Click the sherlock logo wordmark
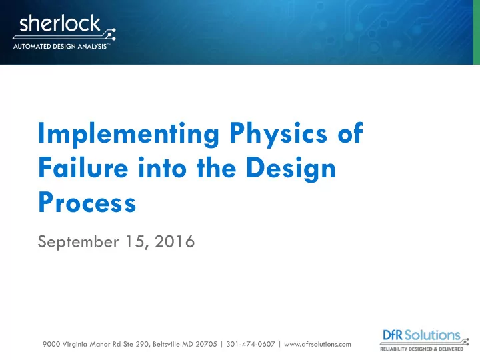point(60,23)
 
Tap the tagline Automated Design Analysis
point(60,47)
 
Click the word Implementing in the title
point(129,134)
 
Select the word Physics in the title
point(279,134)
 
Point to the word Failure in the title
point(83,167)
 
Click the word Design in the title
point(291,169)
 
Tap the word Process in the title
point(87,203)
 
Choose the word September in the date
point(78,242)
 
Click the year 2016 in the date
point(175,241)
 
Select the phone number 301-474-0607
point(251,344)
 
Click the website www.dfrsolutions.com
point(317,344)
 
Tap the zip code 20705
point(206,344)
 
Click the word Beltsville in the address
point(166,344)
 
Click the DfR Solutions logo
point(424,340)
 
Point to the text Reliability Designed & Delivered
point(421,349)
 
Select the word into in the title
point(162,167)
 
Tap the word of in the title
point(351,133)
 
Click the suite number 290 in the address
point(142,344)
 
